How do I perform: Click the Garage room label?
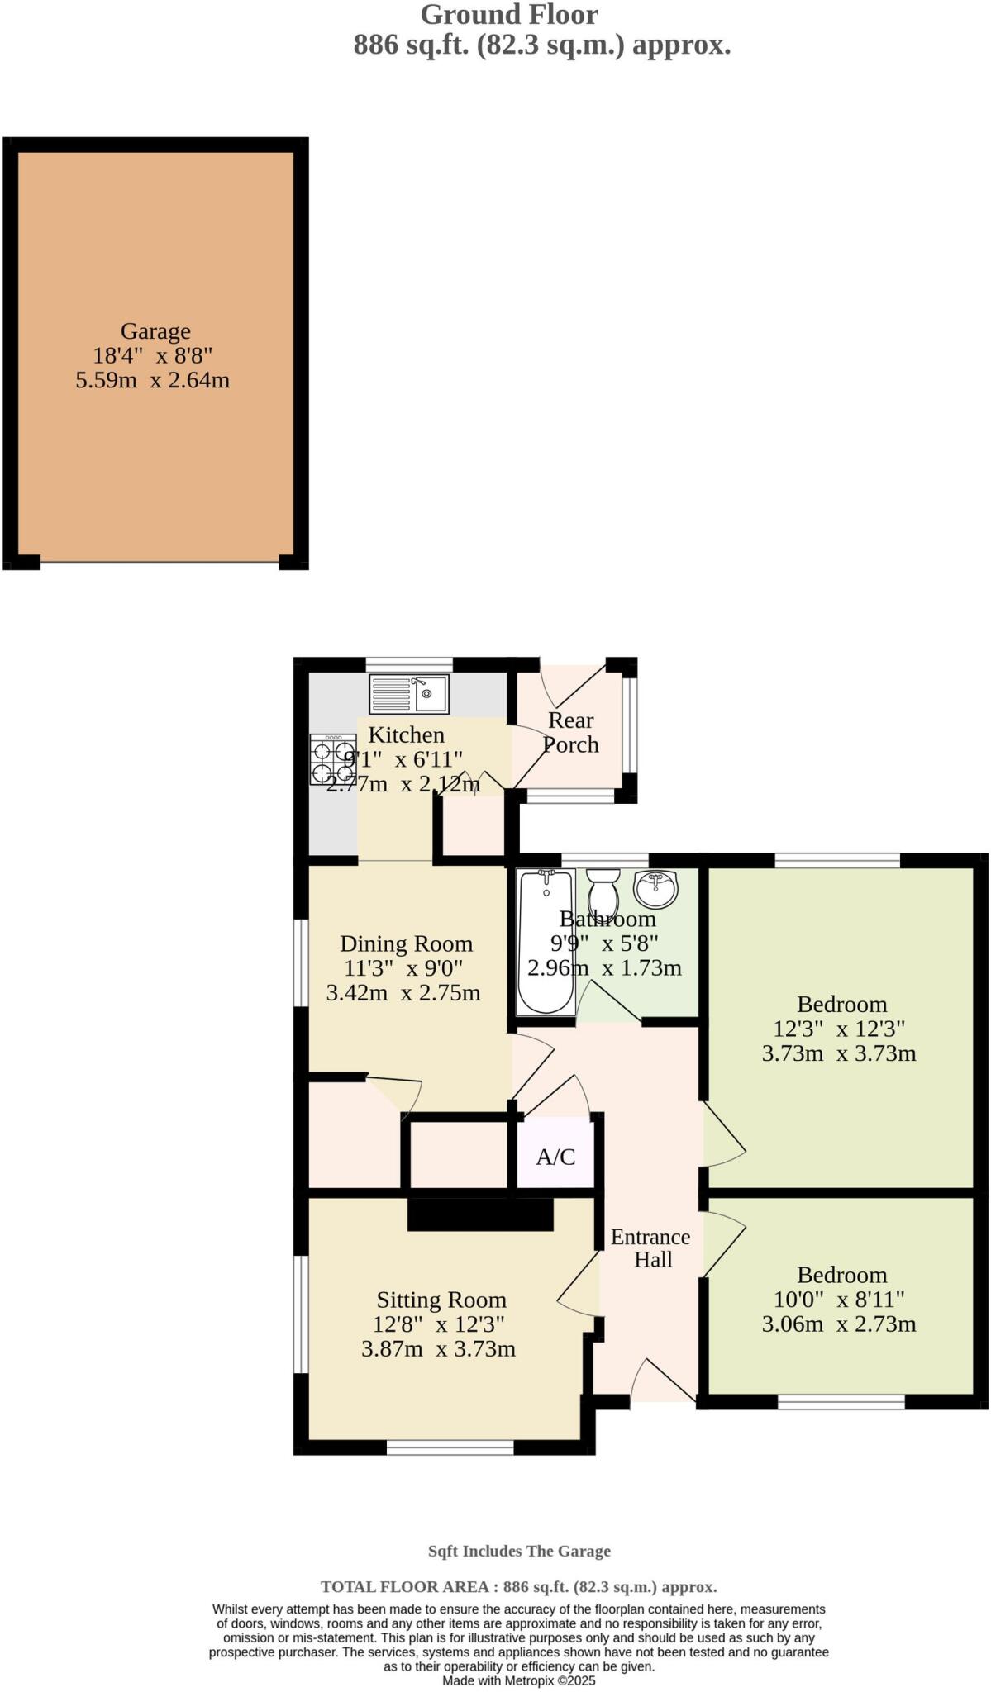click(x=155, y=331)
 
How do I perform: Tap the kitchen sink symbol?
click(x=409, y=694)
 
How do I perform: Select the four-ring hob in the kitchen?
click(x=333, y=759)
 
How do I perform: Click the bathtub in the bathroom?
click(x=546, y=942)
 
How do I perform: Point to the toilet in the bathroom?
click(x=603, y=892)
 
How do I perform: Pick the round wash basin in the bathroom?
click(x=655, y=888)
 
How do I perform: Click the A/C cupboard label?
click(x=555, y=1157)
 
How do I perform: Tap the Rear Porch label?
click(x=570, y=732)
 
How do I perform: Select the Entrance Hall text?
click(x=651, y=1248)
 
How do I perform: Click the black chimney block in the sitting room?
click(x=480, y=1214)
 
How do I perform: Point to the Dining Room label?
click(x=407, y=943)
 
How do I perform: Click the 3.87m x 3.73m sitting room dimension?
click(x=438, y=1349)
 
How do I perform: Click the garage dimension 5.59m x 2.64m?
click(x=153, y=381)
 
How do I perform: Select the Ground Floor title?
click(x=509, y=15)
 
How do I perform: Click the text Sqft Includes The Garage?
click(x=519, y=1551)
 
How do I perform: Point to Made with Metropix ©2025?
click(x=519, y=1680)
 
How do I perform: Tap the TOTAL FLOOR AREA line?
click(x=519, y=1586)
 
